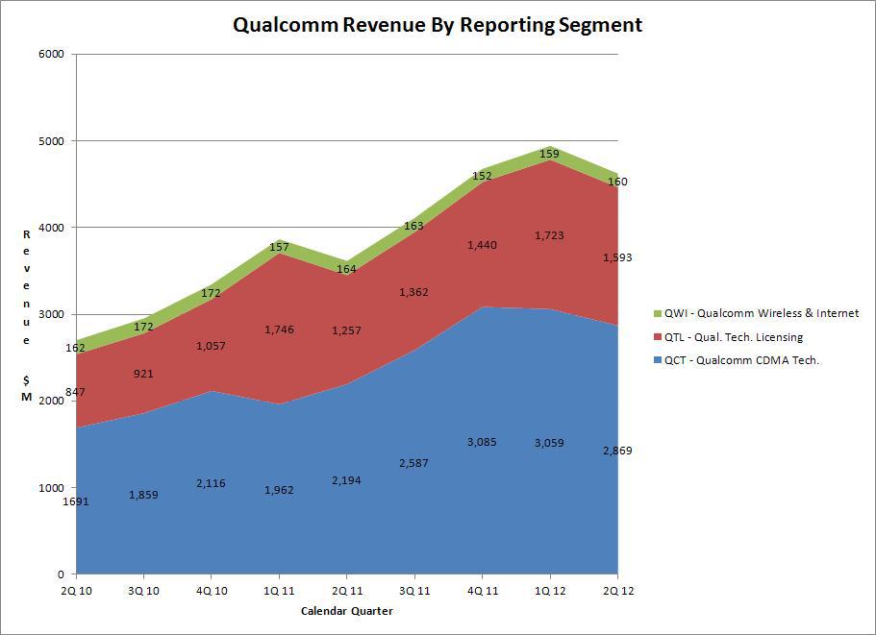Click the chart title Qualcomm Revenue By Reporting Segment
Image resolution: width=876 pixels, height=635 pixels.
point(438,25)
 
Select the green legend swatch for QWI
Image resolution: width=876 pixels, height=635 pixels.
point(657,313)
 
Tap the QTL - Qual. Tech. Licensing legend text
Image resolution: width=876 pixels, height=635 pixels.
point(734,337)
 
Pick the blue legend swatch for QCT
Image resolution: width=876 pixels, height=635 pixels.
point(657,360)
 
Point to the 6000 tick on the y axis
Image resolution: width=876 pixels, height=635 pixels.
point(51,54)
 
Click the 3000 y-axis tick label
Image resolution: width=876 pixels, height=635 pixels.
point(51,314)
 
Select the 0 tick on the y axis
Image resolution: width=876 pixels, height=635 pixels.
point(61,574)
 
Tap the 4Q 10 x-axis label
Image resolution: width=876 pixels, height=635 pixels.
point(212,591)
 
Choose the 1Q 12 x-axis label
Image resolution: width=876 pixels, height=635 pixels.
point(550,591)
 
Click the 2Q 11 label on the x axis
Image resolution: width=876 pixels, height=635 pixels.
point(347,591)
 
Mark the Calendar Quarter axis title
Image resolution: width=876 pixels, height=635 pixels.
point(347,611)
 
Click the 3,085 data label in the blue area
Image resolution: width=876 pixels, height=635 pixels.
point(482,442)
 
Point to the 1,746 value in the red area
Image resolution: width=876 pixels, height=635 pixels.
point(279,330)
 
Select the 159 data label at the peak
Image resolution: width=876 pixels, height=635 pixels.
point(550,154)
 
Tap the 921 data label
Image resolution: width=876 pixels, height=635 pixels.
point(143,374)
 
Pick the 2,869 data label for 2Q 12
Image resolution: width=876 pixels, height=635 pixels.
point(618,451)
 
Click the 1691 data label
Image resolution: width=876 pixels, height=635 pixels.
point(76,501)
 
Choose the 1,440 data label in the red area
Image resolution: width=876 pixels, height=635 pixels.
point(482,245)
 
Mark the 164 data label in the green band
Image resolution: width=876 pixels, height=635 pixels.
point(346,269)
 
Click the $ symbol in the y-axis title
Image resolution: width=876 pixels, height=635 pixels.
point(26,380)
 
